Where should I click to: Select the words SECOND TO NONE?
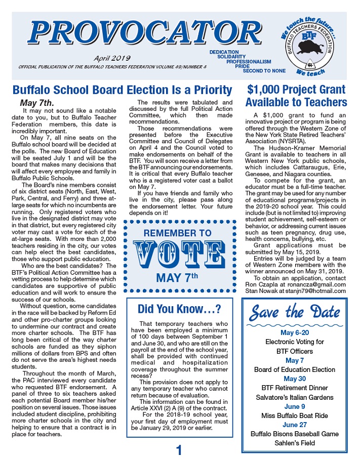tap(264, 71)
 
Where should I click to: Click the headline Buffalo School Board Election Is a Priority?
tap(122, 91)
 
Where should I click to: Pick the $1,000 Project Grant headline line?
tap(296, 90)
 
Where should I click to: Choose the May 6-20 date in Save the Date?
tap(295, 332)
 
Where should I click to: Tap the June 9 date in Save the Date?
tap(295, 406)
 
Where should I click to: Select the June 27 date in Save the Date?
tap(295, 425)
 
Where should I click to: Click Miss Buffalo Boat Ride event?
tap(295, 415)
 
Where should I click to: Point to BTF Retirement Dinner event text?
tap(295, 388)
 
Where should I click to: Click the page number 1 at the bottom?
tap(179, 450)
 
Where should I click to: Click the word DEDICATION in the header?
tap(224, 52)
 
